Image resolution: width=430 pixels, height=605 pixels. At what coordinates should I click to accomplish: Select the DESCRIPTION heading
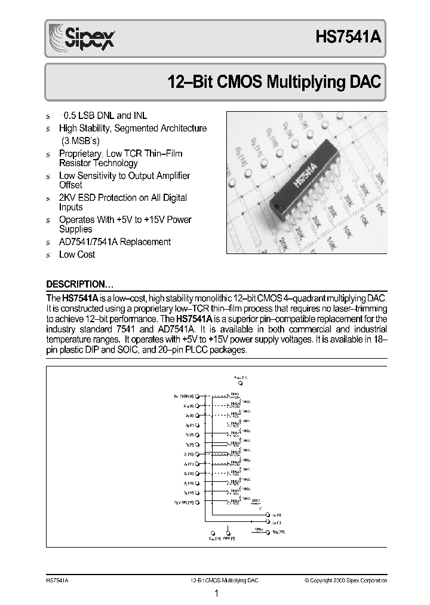click(x=80, y=284)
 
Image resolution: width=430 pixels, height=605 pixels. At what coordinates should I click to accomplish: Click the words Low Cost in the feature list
click(x=77, y=254)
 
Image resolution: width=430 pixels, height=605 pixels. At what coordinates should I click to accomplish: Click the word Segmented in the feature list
click(x=137, y=128)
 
